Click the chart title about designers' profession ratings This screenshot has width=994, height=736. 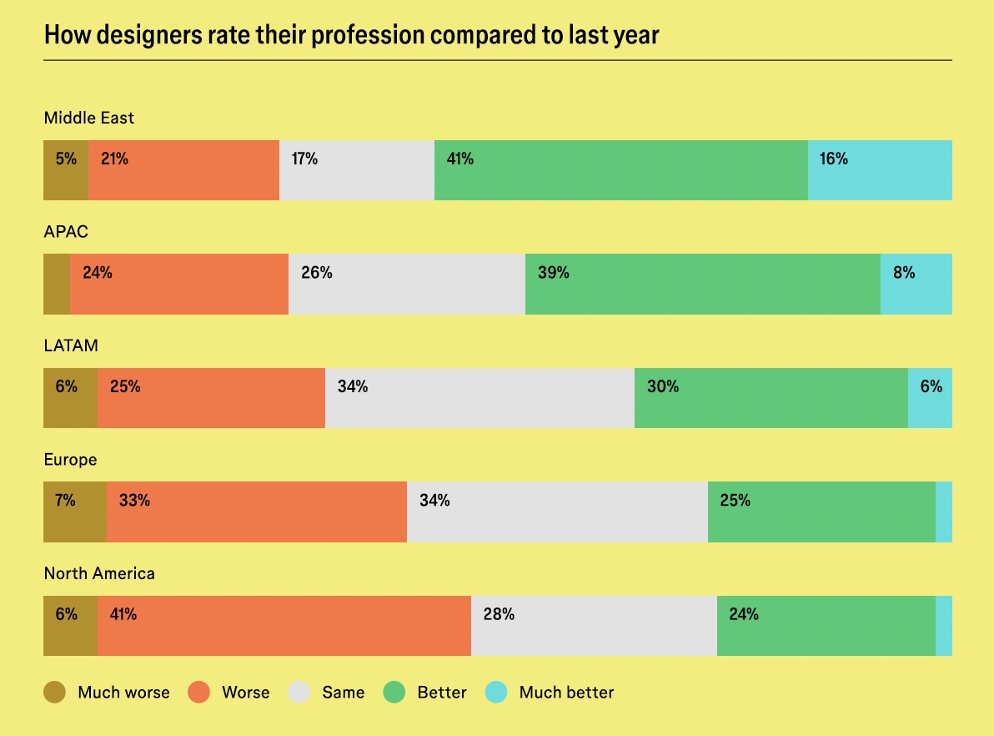(x=351, y=36)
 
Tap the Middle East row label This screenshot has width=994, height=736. (x=88, y=118)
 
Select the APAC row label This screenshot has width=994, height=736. (x=66, y=231)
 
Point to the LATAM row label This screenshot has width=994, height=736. (x=71, y=345)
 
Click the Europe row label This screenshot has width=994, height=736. (x=70, y=460)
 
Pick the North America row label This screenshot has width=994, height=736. (x=99, y=573)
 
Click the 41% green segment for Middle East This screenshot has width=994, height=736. (x=620, y=170)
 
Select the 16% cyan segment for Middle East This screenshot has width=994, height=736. (x=880, y=170)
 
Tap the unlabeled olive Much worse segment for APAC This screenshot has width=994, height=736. (x=56, y=284)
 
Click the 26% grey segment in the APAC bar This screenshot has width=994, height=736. (x=406, y=284)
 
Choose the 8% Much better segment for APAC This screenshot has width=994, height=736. (x=916, y=284)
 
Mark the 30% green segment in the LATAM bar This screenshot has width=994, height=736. (x=771, y=398)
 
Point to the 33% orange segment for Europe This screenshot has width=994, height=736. (x=256, y=512)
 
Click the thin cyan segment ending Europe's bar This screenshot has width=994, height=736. (x=944, y=512)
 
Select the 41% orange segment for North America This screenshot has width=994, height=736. (x=284, y=626)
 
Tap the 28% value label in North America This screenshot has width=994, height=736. (x=499, y=615)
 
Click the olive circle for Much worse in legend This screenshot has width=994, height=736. (x=55, y=692)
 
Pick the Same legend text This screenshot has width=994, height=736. (x=343, y=693)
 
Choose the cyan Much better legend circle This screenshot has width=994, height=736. (x=496, y=692)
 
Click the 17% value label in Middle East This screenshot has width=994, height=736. (x=304, y=159)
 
